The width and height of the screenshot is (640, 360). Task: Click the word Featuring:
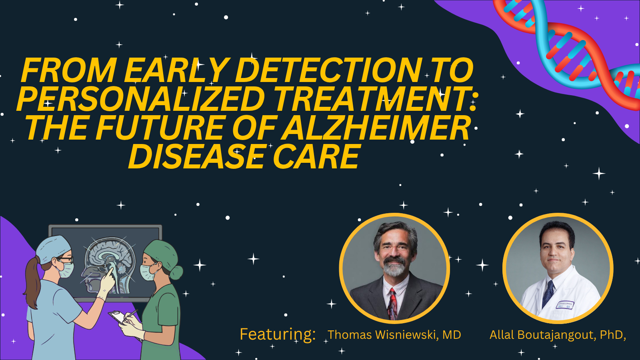(x=278, y=334)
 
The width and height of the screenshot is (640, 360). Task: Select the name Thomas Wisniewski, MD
(x=394, y=335)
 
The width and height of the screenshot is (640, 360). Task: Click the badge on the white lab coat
(x=565, y=305)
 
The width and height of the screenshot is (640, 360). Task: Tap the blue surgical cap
(x=53, y=248)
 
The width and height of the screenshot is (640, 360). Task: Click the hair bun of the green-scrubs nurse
(x=176, y=272)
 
